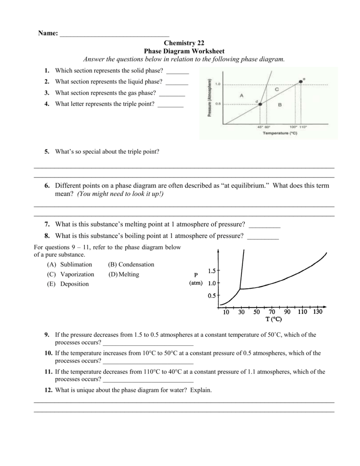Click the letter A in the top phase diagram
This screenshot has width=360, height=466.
pyautogui.click(x=241, y=95)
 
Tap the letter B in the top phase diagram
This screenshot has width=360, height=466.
pyautogui.click(x=279, y=105)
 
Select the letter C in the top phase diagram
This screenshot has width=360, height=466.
pyautogui.click(x=277, y=90)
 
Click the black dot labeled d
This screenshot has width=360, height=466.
pyautogui.click(x=260, y=104)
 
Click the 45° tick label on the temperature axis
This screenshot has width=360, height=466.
pyautogui.click(x=260, y=127)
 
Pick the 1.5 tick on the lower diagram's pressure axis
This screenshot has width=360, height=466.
pyautogui.click(x=211, y=271)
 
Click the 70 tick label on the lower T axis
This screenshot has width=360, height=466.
pyautogui.click(x=272, y=312)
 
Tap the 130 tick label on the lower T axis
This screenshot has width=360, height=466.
pyautogui.click(x=317, y=312)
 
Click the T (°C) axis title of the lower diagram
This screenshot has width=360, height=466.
pyautogui.click(x=274, y=319)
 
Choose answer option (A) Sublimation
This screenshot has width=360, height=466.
pyautogui.click(x=69, y=264)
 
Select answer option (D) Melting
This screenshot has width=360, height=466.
pyautogui.click(x=124, y=274)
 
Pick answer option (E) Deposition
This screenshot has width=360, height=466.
pyautogui.click(x=68, y=284)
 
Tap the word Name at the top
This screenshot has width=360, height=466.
pyautogui.click(x=47, y=34)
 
